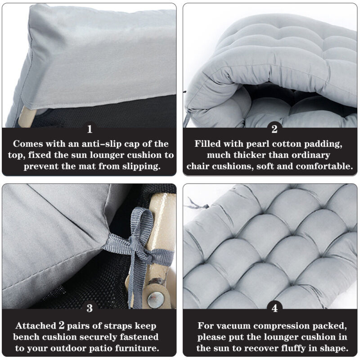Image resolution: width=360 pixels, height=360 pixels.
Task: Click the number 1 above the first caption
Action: [x=90, y=129]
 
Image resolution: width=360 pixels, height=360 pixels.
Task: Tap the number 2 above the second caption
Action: [x=274, y=129]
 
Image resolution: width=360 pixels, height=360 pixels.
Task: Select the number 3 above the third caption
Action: [x=90, y=308]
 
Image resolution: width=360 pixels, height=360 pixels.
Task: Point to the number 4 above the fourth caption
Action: [x=274, y=308]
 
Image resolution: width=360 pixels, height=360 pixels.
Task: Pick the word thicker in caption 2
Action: [x=250, y=155]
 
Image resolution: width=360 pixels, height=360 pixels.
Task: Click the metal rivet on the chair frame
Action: [x=156, y=299]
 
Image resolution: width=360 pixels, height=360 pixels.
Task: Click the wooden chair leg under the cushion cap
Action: [x=27, y=117]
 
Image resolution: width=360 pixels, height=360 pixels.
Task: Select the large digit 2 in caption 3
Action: [x=62, y=325]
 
